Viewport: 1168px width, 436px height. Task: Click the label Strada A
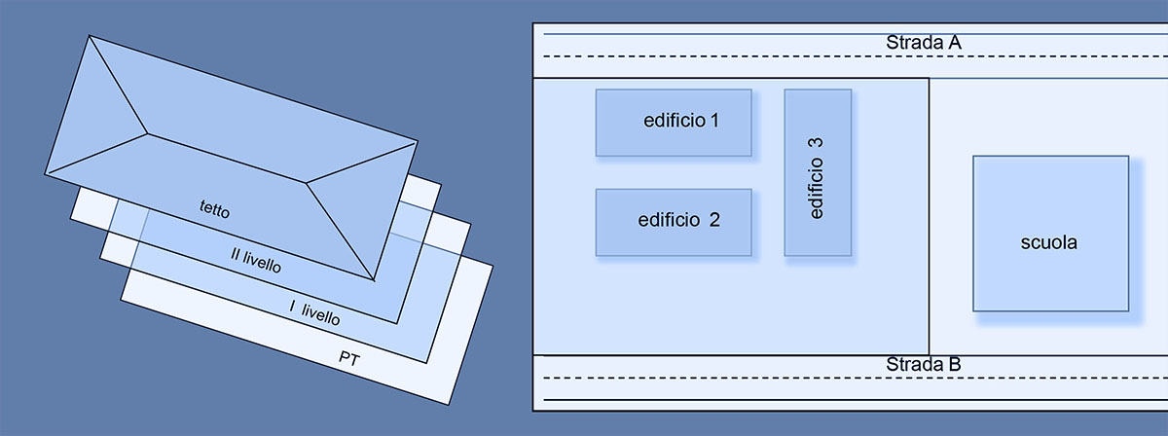pos(924,43)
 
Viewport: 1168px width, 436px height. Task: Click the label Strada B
pos(924,365)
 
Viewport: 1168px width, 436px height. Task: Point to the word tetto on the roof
pos(214,206)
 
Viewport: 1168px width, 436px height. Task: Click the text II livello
pos(255,261)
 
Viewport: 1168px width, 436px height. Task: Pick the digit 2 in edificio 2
pos(714,220)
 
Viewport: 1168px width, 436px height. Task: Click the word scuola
pos(1050,243)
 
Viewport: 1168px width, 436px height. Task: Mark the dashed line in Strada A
pos(740,56)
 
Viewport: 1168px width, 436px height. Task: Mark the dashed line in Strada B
pos(740,377)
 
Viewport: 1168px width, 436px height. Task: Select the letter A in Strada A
pos(955,43)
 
